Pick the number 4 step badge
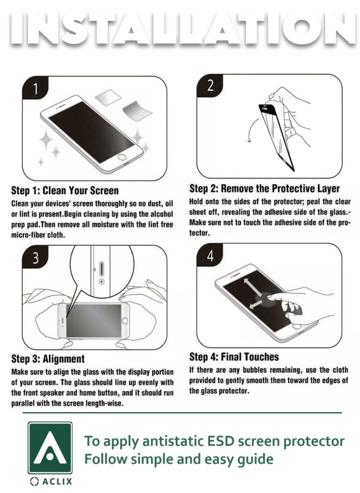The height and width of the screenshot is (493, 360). tap(210, 256)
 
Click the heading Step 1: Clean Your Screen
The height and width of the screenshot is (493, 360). tap(65, 190)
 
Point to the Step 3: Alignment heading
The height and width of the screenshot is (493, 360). tap(48, 359)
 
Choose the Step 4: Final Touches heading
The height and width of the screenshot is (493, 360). tap(234, 357)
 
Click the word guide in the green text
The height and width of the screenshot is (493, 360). tap(254, 459)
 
